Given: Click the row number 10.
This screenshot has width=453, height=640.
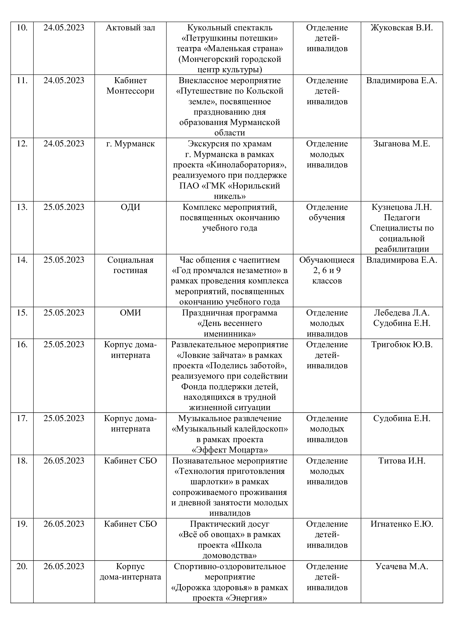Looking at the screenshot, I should pyautogui.click(x=22, y=28).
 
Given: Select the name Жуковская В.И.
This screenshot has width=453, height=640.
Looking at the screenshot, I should pyautogui.click(x=402, y=28).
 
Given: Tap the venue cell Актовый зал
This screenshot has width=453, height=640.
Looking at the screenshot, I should pyautogui.click(x=130, y=28).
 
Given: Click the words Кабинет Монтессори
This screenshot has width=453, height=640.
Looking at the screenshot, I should pyautogui.click(x=130, y=86).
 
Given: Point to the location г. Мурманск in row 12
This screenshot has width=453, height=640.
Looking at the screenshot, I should pyautogui.click(x=130, y=144).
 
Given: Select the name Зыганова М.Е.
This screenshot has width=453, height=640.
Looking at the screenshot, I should pyautogui.click(x=402, y=144).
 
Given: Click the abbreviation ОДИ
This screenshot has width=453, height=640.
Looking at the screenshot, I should pyautogui.click(x=130, y=207).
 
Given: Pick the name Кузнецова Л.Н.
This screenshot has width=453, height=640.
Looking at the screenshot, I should pyautogui.click(x=402, y=207).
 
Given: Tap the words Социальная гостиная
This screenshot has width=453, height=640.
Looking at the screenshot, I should pyautogui.click(x=130, y=265).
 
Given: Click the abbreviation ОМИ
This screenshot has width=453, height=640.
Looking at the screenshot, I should pyautogui.click(x=130, y=312).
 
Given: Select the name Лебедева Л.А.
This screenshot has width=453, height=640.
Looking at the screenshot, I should pyautogui.click(x=402, y=312).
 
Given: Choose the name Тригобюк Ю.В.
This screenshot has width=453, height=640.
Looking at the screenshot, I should pyautogui.click(x=402, y=344).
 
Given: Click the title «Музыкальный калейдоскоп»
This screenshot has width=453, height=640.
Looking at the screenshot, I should pyautogui.click(x=230, y=429).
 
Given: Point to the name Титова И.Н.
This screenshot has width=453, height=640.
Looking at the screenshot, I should pyautogui.click(x=402, y=461).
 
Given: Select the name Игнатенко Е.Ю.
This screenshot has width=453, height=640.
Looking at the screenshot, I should pyautogui.click(x=402, y=524).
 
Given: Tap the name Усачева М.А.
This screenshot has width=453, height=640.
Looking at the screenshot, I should pyautogui.click(x=402, y=566).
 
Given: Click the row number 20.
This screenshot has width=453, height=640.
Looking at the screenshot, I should pyautogui.click(x=22, y=566).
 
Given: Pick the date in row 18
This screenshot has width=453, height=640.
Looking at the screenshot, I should pyautogui.click(x=64, y=461).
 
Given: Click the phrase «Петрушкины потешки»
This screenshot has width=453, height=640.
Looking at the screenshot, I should pyautogui.click(x=230, y=38).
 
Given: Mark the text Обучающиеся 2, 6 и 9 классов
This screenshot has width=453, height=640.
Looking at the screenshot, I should pyautogui.click(x=327, y=270).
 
